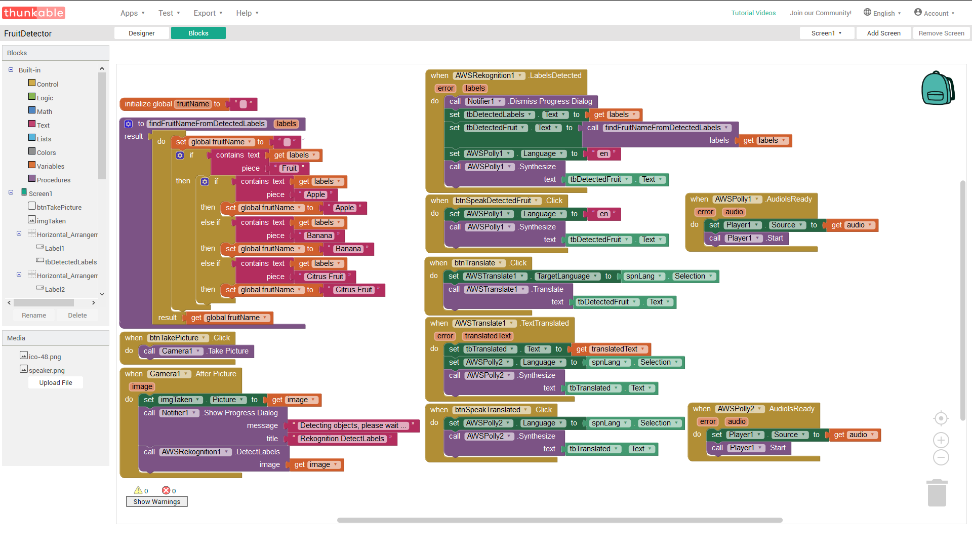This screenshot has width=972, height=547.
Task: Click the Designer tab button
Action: tap(142, 33)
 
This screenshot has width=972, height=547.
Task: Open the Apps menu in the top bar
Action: tap(133, 13)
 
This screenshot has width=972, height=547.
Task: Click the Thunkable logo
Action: tap(34, 13)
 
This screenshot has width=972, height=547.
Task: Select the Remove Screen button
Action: tap(941, 33)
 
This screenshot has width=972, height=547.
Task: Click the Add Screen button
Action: tap(883, 33)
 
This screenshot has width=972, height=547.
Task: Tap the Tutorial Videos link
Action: tap(753, 13)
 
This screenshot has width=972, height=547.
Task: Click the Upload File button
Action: tap(56, 383)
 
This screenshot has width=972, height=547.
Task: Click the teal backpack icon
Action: tap(938, 88)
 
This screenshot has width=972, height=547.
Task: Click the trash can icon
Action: tap(937, 493)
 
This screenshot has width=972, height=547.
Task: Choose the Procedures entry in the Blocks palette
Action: tap(53, 180)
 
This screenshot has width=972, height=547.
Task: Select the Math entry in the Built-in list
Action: tap(44, 111)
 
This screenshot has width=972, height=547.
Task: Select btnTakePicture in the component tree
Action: tap(59, 207)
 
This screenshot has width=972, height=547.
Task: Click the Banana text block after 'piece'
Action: tap(319, 236)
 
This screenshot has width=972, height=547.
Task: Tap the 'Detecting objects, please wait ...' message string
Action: tap(353, 425)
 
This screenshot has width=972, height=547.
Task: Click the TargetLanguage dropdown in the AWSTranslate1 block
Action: tap(567, 276)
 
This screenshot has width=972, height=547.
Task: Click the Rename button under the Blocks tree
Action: tap(34, 315)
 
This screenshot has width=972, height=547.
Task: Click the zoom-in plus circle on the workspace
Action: tap(941, 440)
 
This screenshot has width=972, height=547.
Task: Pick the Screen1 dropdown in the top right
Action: tap(827, 33)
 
